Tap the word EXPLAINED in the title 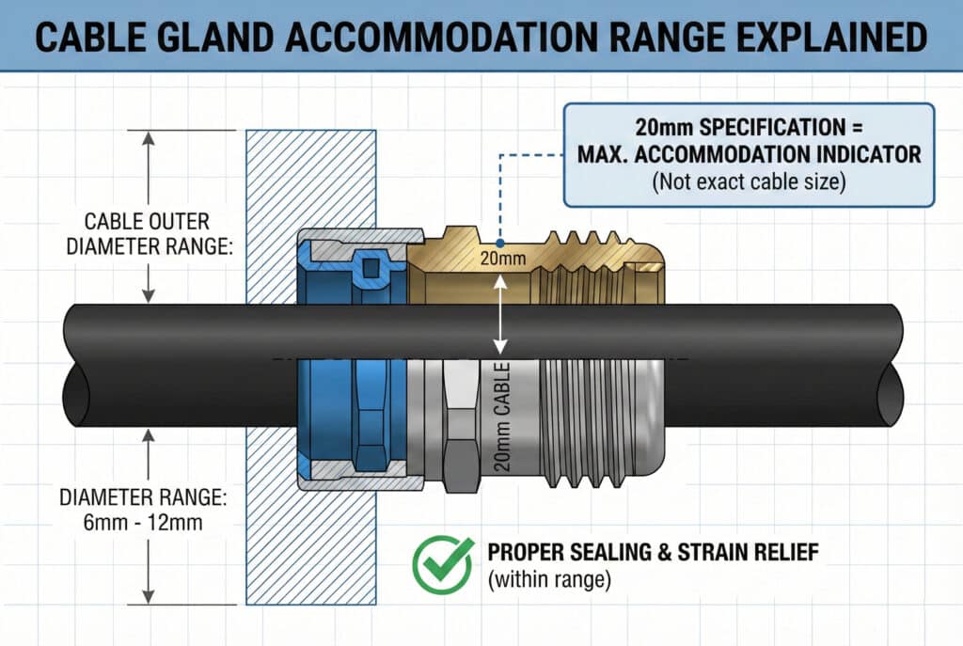(831, 37)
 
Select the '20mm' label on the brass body (503, 259)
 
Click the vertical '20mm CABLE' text (502, 417)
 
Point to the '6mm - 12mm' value (143, 523)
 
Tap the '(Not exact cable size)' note (749, 182)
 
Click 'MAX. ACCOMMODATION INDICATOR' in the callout (750, 154)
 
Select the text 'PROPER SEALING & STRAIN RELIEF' (653, 552)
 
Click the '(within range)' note (549, 579)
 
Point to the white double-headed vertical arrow (500, 314)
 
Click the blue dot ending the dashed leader (500, 244)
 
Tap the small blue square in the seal (371, 268)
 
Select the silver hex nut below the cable (461, 425)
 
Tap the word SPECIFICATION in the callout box (772, 128)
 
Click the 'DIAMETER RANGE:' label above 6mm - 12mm (143, 497)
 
